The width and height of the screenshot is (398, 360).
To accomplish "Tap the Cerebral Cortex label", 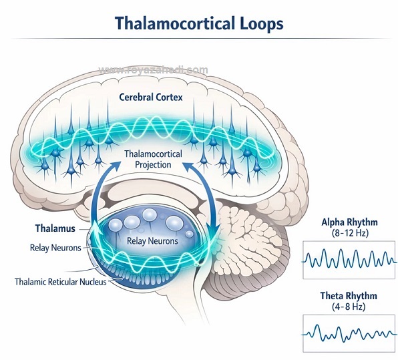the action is pyautogui.click(x=151, y=97).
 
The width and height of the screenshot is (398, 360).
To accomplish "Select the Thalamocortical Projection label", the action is pyautogui.click(x=153, y=159).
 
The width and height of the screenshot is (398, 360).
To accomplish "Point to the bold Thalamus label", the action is pyautogui.click(x=55, y=228).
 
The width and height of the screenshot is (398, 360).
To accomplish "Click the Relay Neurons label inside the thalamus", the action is pyautogui.click(x=152, y=240).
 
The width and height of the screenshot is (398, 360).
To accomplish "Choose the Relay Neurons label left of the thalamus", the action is pyautogui.click(x=55, y=248).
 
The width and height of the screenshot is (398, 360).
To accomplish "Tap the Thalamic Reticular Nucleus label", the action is pyautogui.click(x=60, y=282).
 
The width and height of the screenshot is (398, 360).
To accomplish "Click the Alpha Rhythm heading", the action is pyautogui.click(x=349, y=222).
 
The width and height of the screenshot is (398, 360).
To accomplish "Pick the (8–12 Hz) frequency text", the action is pyautogui.click(x=350, y=233).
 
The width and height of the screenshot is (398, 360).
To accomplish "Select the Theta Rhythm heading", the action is pyautogui.click(x=349, y=296).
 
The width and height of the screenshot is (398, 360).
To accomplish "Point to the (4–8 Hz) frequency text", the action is pyautogui.click(x=349, y=307).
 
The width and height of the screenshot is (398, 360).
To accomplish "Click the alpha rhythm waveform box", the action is pyautogui.click(x=349, y=260).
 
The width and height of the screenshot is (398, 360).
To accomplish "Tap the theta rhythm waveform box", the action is pyautogui.click(x=349, y=333).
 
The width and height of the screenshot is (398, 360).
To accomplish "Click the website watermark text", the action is pyautogui.click(x=153, y=69).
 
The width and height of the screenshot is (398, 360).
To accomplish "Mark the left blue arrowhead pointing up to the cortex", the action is pyautogui.click(x=115, y=166).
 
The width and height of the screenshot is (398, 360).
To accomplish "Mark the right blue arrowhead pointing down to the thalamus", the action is pyautogui.click(x=212, y=228).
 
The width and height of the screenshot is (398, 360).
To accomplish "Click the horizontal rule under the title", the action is pyautogui.click(x=200, y=39).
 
